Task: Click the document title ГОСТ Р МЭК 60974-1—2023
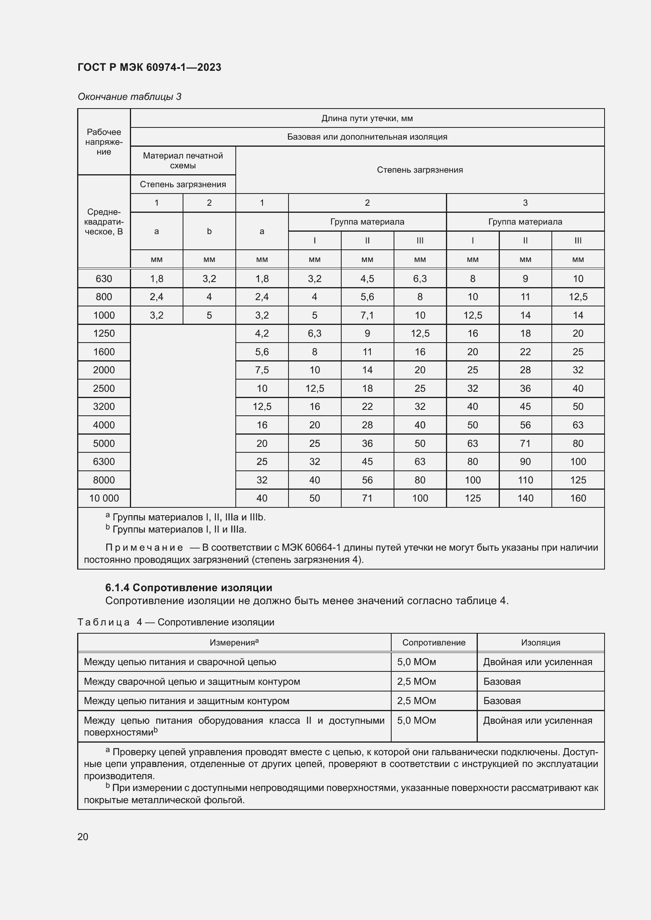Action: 149,67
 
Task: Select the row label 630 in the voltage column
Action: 104,278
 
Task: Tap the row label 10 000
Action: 104,498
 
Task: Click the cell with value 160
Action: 578,498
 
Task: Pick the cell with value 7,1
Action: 367,315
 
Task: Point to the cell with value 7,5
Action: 262,370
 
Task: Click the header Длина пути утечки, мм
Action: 367,118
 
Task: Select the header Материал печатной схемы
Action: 183,160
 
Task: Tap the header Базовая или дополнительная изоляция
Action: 367,136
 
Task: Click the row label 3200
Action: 104,406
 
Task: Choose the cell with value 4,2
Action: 262,334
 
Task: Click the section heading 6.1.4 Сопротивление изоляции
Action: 189,587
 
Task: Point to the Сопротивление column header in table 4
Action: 434,643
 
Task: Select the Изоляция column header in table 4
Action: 540,643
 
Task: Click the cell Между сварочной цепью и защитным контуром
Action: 192,682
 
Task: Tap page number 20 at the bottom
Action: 83,837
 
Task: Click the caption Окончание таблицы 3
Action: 129,97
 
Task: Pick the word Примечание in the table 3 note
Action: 144,548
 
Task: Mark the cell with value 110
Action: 525,480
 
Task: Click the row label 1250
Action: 104,334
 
